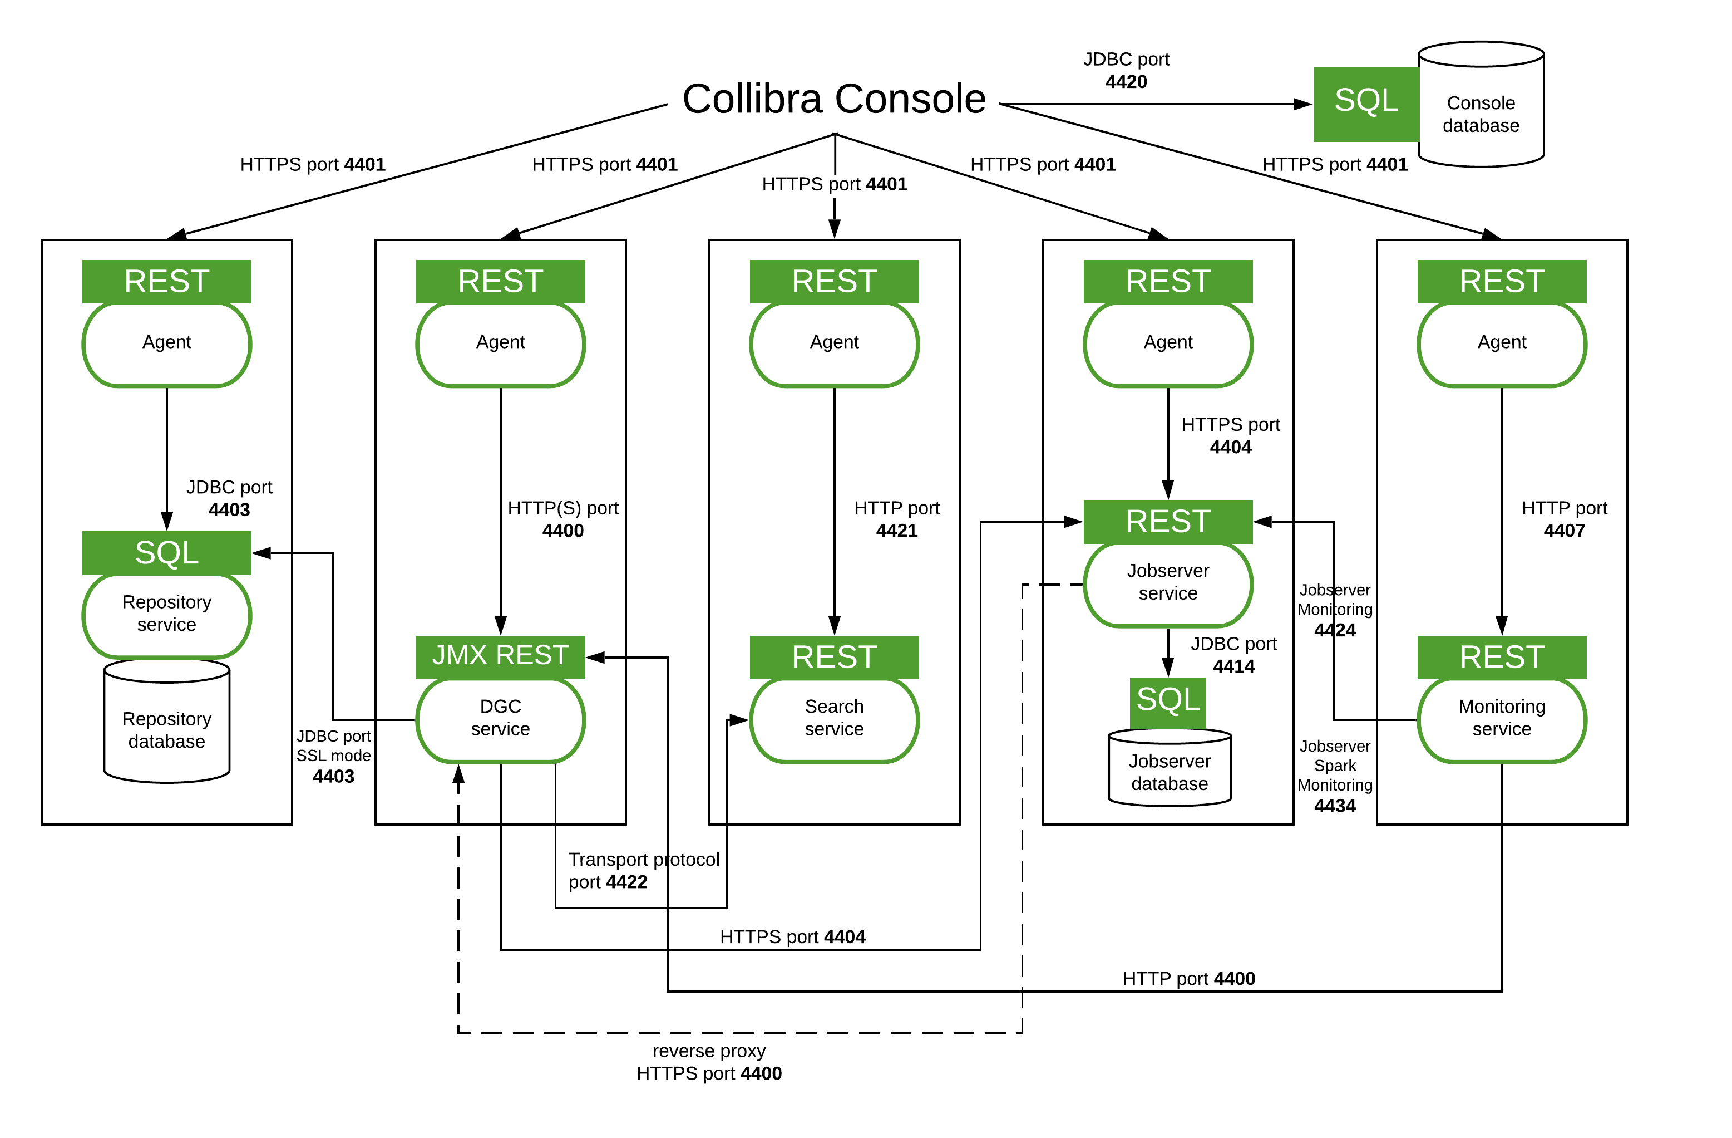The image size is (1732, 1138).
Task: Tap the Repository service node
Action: click(167, 615)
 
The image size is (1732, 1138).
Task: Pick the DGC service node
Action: click(501, 719)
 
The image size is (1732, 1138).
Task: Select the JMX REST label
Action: click(501, 656)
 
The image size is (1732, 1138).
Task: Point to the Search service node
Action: click(834, 719)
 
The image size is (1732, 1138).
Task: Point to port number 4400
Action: click(562, 531)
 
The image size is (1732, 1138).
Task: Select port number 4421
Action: click(896, 531)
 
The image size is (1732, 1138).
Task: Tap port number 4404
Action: click(1231, 448)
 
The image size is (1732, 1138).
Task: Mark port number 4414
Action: click(1233, 666)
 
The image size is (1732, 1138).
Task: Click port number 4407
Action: click(1564, 531)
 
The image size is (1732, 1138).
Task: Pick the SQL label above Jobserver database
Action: click(1168, 701)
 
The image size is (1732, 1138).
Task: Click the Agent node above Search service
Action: click(834, 344)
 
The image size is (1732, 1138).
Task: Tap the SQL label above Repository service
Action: click(167, 553)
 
